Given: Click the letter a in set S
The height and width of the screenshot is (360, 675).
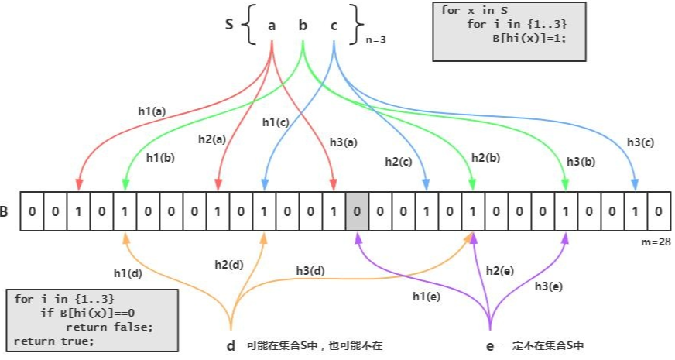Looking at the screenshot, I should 272,26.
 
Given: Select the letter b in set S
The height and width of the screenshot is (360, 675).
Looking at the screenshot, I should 303,26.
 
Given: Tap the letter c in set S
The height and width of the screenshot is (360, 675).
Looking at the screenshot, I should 334,26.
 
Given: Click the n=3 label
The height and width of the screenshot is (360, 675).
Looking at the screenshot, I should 378,39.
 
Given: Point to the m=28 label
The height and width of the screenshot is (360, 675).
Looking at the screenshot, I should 655,242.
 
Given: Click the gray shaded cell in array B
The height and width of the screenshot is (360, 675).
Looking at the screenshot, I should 356,211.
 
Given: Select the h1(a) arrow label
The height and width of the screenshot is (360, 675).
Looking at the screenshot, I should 152,111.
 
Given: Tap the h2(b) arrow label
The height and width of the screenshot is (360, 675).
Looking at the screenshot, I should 485,157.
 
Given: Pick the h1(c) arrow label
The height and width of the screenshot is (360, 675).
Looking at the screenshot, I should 276,122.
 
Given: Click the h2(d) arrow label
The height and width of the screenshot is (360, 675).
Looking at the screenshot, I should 228,264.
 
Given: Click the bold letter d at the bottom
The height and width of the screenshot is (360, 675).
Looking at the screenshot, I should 231,346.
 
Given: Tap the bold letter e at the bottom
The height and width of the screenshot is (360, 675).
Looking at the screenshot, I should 489,346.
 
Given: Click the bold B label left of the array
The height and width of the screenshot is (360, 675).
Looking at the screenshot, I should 5,211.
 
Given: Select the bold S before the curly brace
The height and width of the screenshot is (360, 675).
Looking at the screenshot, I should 229,24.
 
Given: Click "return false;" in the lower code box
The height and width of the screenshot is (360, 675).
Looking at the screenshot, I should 115,326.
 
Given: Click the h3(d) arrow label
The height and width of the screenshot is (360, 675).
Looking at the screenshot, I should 311,270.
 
